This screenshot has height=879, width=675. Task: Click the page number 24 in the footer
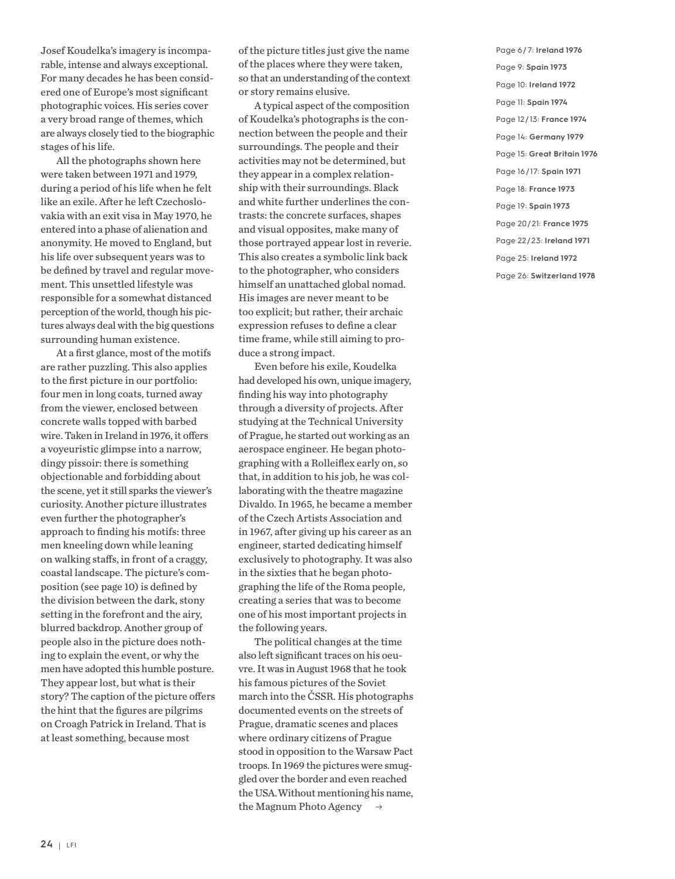(46, 844)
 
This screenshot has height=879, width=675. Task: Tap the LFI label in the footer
(71, 845)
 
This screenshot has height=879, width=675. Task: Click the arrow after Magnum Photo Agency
(379, 807)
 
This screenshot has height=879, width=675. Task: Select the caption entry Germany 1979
(556, 137)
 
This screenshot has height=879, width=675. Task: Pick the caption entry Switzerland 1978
(562, 275)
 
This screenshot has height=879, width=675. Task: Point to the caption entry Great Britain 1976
(563, 154)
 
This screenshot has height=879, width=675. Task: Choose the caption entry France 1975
(565, 223)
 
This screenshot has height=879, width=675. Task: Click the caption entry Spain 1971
(561, 171)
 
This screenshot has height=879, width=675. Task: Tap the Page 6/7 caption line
(538, 50)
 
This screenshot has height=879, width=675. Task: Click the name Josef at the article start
(53, 50)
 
